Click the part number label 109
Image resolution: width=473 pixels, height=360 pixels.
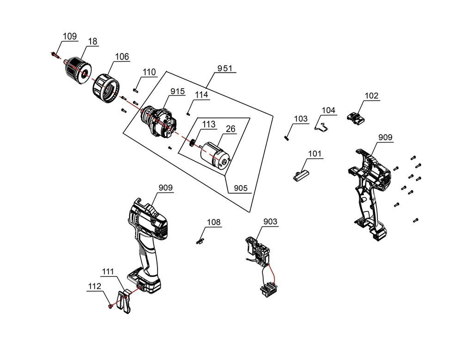pos(70,36)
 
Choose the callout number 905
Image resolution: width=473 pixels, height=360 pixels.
pos(240,188)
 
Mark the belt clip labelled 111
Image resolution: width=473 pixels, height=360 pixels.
pos(123,300)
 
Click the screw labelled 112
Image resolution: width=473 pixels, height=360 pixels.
pos(110,306)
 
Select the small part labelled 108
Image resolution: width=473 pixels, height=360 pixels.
pos(200,241)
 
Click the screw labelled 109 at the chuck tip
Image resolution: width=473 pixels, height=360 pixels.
pos(55,54)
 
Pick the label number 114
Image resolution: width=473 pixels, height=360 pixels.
pos(201,95)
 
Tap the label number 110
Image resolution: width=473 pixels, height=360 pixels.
pos(149,72)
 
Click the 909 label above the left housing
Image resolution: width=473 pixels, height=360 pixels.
pos(165,187)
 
